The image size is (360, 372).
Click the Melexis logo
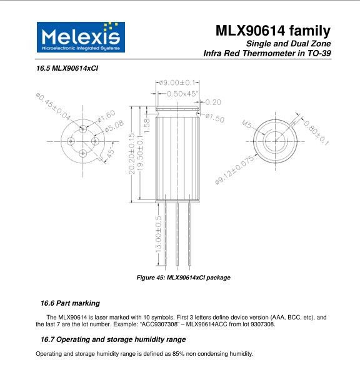tap(81, 37)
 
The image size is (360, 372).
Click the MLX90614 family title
tap(272, 31)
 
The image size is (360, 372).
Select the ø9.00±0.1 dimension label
tap(177, 83)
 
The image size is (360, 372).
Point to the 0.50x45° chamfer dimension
tap(182, 94)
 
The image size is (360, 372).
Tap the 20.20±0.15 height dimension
tap(131, 154)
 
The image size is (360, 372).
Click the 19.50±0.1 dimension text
tap(140, 153)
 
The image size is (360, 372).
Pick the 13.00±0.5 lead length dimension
tap(158, 234)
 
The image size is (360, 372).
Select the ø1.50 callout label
tap(214, 118)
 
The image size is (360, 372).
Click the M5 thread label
tap(246, 124)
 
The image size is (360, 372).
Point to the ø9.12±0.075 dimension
tap(234, 170)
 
